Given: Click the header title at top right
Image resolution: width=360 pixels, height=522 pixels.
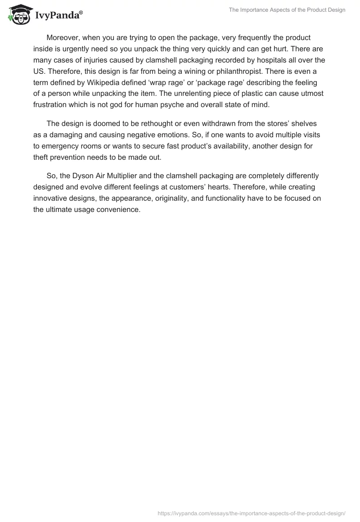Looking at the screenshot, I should click(x=287, y=10).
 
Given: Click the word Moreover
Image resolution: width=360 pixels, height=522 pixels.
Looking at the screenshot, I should click(x=63, y=37).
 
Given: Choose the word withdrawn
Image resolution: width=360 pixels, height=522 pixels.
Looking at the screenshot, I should click(x=227, y=124).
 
